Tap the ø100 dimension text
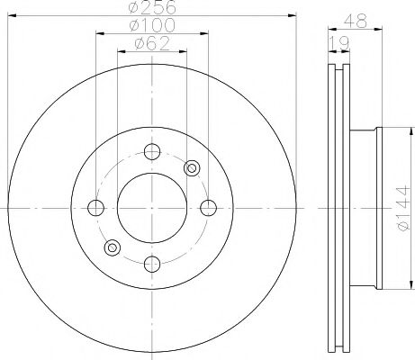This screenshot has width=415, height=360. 150,27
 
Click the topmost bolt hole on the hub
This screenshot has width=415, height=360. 151,151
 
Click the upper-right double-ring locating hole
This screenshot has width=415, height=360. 191,167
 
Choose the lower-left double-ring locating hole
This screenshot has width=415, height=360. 112,247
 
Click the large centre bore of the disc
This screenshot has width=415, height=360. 151,207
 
